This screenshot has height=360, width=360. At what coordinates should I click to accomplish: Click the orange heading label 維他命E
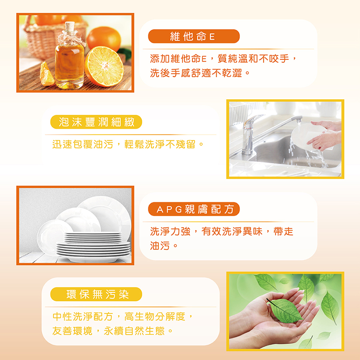194,36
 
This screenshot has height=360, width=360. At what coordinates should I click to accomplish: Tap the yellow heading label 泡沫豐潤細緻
96,122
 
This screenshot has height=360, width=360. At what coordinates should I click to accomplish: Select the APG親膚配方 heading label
194,209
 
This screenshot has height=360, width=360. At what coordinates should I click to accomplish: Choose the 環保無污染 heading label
96,294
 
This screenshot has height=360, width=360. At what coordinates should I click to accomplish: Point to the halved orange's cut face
105,66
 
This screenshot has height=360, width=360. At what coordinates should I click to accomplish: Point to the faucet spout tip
299,120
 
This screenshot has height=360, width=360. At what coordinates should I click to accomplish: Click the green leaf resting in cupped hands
285,310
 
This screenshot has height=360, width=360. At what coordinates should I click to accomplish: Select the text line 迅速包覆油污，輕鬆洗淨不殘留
128,144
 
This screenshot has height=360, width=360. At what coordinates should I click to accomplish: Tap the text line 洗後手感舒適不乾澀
200,73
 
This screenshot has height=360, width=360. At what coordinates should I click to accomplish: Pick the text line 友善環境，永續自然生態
112,331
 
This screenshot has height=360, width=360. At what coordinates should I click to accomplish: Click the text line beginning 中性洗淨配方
123,317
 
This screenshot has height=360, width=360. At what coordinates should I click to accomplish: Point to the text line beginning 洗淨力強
222,232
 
